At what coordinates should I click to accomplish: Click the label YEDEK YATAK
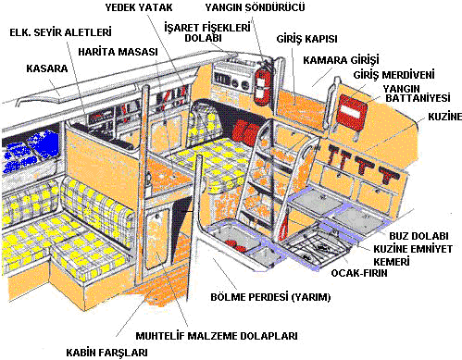(x=139, y=7)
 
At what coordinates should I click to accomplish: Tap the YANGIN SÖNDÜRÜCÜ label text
(x=255, y=7)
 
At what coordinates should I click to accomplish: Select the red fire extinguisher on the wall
(x=262, y=81)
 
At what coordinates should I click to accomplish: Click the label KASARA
(x=47, y=68)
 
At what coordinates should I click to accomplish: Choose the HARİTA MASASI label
(x=118, y=52)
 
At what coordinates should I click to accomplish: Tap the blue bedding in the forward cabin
(x=31, y=150)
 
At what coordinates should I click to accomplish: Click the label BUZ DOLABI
(x=418, y=236)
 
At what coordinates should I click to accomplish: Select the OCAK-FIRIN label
(x=359, y=273)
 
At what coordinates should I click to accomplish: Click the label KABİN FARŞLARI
(x=106, y=353)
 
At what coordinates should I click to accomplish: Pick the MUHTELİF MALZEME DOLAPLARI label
(x=217, y=336)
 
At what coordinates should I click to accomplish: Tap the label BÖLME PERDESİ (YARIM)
(x=270, y=297)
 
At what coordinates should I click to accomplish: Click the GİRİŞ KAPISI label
(x=306, y=39)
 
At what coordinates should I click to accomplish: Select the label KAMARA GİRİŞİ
(x=341, y=60)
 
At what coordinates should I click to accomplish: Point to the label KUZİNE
(x=444, y=117)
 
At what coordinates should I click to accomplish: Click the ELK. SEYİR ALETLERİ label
(x=60, y=32)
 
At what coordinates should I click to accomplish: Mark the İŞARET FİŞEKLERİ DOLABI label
(x=206, y=32)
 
